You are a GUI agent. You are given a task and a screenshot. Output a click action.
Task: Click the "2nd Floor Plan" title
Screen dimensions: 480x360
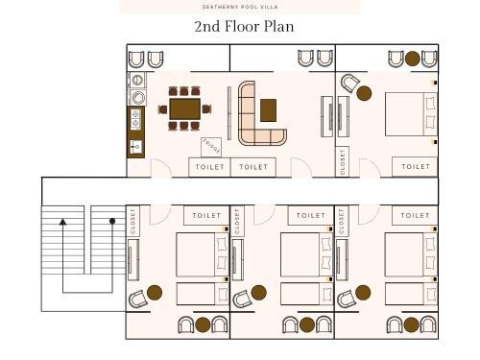(x=244, y=27)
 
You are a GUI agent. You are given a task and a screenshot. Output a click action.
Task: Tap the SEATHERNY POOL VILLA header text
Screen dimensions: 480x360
(x=240, y=7)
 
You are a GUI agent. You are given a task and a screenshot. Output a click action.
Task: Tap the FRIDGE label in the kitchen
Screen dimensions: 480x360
(x=211, y=147)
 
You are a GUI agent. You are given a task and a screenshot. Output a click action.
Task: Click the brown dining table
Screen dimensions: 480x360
(x=185, y=108)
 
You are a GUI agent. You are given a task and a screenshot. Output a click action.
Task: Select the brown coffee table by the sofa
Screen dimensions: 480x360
(x=268, y=110)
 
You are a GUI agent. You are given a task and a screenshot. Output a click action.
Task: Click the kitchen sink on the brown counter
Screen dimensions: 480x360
(x=136, y=147)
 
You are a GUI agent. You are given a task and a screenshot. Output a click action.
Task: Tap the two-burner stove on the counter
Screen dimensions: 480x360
(x=135, y=119)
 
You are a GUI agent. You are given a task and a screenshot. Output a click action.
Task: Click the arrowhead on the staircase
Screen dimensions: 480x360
(x=62, y=222)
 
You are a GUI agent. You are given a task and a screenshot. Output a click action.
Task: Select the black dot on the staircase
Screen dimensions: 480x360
(x=112, y=221)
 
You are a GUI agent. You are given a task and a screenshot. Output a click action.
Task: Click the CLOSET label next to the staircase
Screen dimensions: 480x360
(x=132, y=221)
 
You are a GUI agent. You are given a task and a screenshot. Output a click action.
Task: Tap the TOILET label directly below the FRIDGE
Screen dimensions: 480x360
(x=209, y=167)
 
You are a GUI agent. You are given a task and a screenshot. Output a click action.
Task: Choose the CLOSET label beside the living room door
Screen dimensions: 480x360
(x=343, y=162)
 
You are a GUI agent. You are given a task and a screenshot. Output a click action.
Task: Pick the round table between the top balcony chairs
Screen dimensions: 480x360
(x=413, y=59)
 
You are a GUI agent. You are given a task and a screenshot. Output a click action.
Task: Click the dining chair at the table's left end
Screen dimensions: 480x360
(x=163, y=109)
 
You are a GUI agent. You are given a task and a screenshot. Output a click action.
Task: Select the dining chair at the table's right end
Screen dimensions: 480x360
(x=206, y=109)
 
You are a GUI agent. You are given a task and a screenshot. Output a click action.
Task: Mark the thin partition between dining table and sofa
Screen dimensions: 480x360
(x=229, y=113)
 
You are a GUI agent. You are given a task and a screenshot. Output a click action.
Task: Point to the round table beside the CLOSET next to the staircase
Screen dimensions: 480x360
(x=155, y=293)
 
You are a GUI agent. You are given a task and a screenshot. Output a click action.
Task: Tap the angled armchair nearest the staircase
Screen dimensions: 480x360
(x=137, y=300)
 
